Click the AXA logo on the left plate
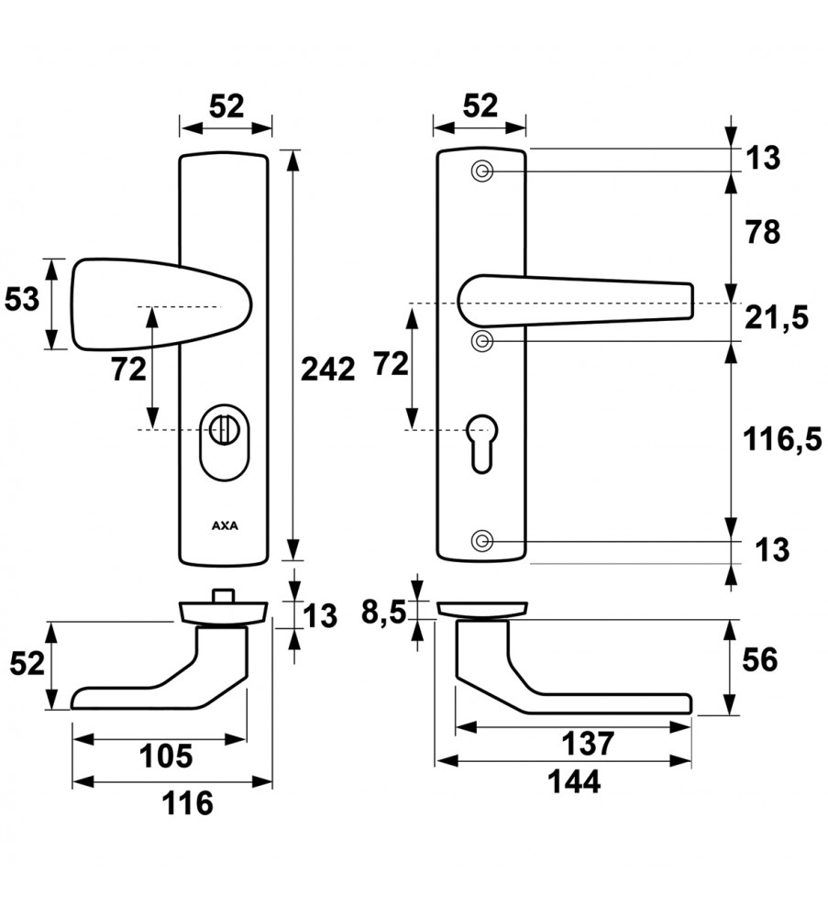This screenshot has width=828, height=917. [224, 526]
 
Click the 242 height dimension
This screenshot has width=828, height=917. [327, 370]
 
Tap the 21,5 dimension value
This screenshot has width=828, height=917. [776, 318]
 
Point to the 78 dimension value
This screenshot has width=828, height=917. [762, 233]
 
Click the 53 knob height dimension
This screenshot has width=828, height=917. [24, 299]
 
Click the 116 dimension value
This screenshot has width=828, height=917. [187, 804]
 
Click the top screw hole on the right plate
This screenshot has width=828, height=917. [482, 171]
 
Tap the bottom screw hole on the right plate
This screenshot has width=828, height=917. [482, 539]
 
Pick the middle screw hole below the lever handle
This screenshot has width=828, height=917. [482, 341]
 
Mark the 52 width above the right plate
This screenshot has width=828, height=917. [480, 106]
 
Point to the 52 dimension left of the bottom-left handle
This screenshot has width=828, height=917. [28, 663]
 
